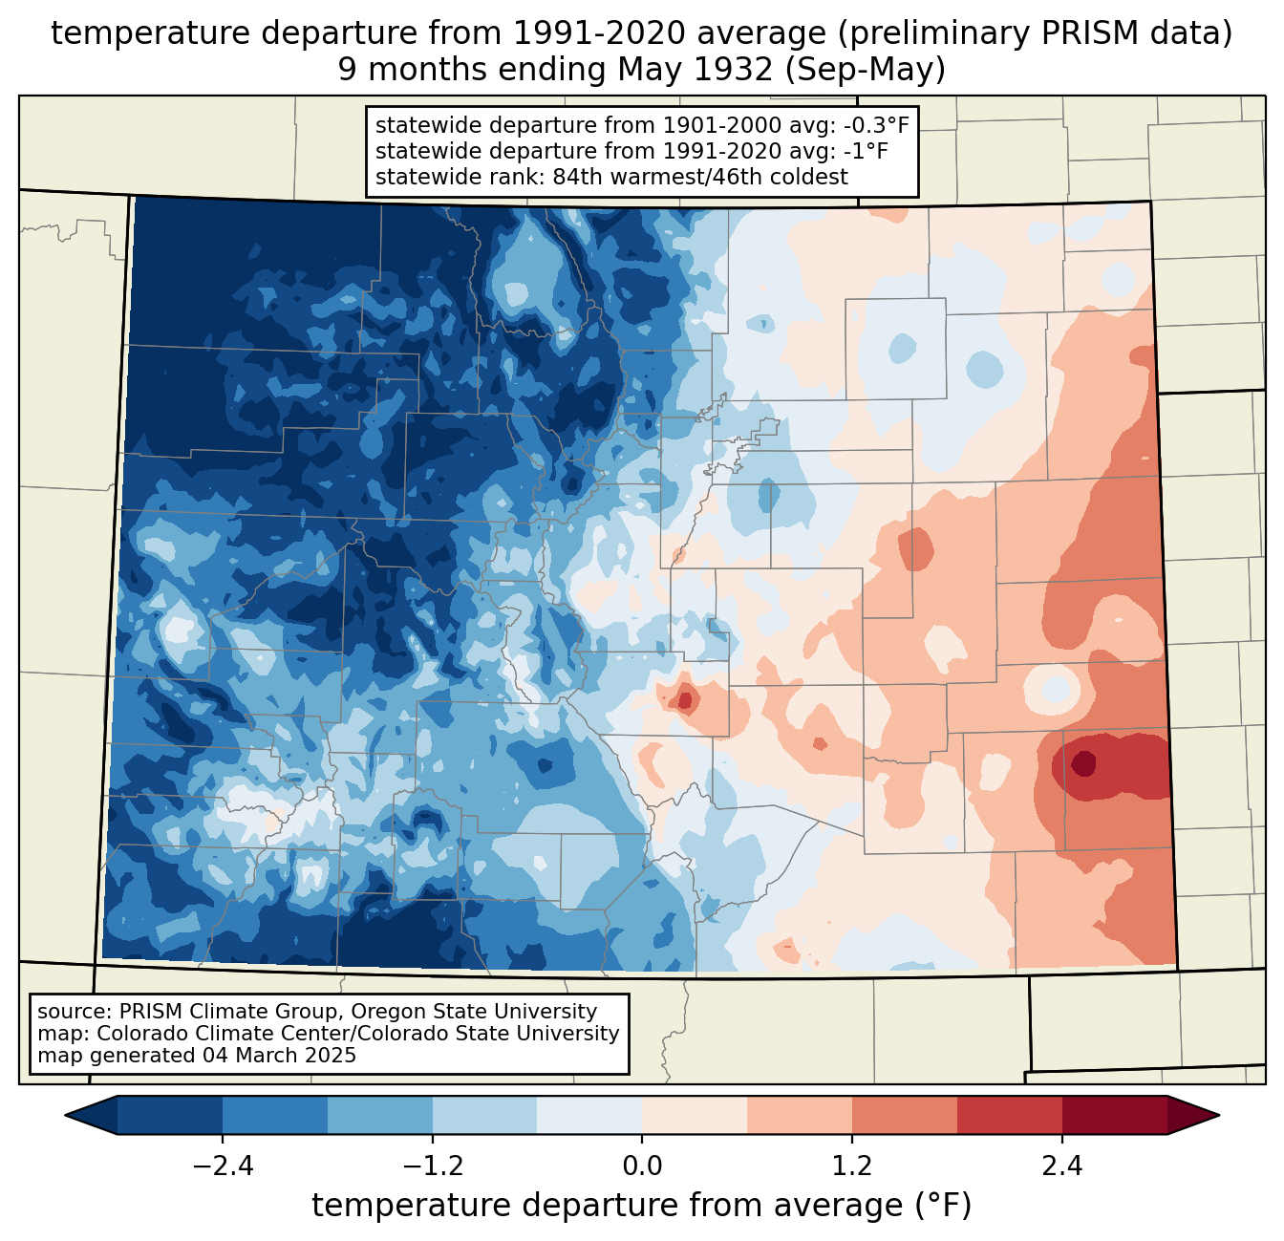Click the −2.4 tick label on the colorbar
pyautogui.click(x=223, y=1166)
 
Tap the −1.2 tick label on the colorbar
pyautogui.click(x=433, y=1166)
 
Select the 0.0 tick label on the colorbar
pyautogui.click(x=642, y=1166)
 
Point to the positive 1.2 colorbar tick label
pyautogui.click(x=852, y=1166)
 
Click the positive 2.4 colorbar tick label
pyautogui.click(x=1062, y=1166)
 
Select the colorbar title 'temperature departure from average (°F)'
pyautogui.click(x=642, y=1206)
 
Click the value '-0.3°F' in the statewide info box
pyautogui.click(x=873, y=126)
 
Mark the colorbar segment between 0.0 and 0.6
pyautogui.click(x=695, y=1115)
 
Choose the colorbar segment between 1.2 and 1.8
pyautogui.click(x=905, y=1115)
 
